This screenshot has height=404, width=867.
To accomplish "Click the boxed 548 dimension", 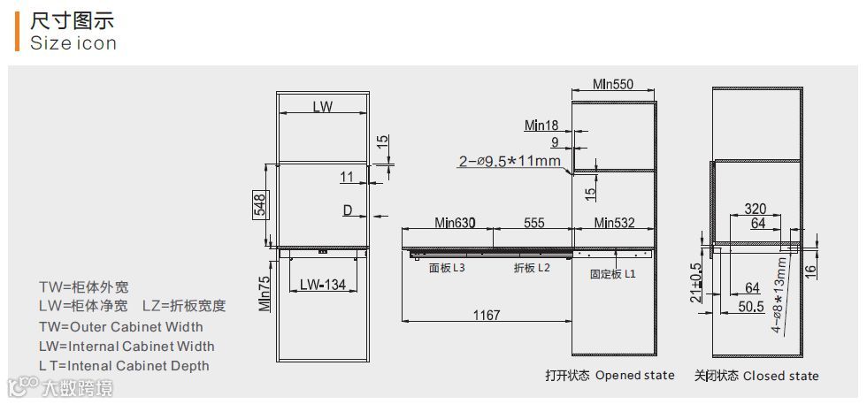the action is pyautogui.click(x=260, y=205).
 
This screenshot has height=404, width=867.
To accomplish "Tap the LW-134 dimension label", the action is pyautogui.click(x=323, y=285).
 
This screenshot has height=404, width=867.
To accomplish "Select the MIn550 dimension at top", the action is pyautogui.click(x=613, y=84).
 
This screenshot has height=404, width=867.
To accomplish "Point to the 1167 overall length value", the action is pyautogui.click(x=487, y=315).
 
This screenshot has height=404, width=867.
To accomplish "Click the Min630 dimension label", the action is pyautogui.click(x=455, y=223).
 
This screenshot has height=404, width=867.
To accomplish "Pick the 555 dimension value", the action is pyautogui.click(x=534, y=223).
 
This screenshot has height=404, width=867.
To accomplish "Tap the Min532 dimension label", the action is pyautogui.click(x=614, y=223).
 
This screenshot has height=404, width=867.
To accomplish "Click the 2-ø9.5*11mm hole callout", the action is pyautogui.click(x=510, y=162).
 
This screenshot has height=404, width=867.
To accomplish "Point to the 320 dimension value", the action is pyautogui.click(x=756, y=209).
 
